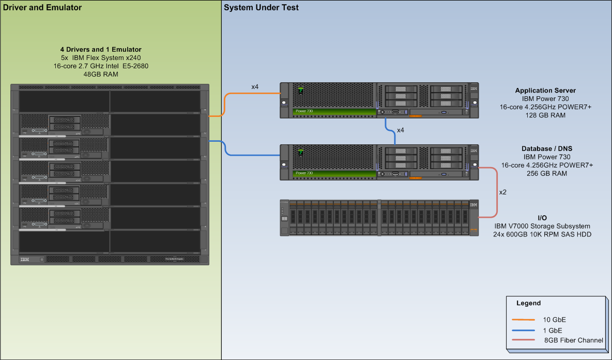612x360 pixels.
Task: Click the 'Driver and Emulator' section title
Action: point(41,7)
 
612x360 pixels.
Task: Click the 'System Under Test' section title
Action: point(261,7)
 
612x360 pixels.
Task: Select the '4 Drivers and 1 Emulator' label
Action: point(101,50)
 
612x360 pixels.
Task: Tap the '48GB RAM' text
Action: point(101,74)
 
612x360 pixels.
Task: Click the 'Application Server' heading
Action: point(545,91)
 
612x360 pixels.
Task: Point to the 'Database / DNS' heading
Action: point(547,148)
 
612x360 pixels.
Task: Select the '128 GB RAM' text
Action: point(545,115)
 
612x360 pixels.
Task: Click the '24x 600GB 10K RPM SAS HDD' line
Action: point(542,234)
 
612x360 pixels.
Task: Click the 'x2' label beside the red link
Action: point(502,192)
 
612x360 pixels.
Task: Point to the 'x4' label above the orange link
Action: point(255,87)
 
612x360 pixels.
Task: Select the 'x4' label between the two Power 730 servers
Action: point(401,130)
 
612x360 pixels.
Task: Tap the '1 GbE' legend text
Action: point(552,330)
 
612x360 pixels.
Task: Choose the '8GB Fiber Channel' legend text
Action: point(573,340)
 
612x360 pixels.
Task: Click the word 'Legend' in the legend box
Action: point(528,303)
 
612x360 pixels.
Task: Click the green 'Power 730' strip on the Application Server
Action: point(333,111)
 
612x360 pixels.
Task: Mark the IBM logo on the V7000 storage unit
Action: point(473,205)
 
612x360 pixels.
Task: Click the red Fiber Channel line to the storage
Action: point(497,191)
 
